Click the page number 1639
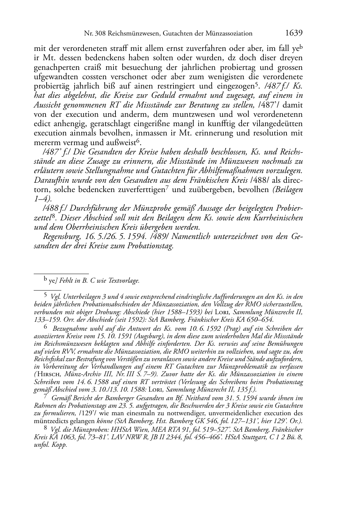(294, 33)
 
